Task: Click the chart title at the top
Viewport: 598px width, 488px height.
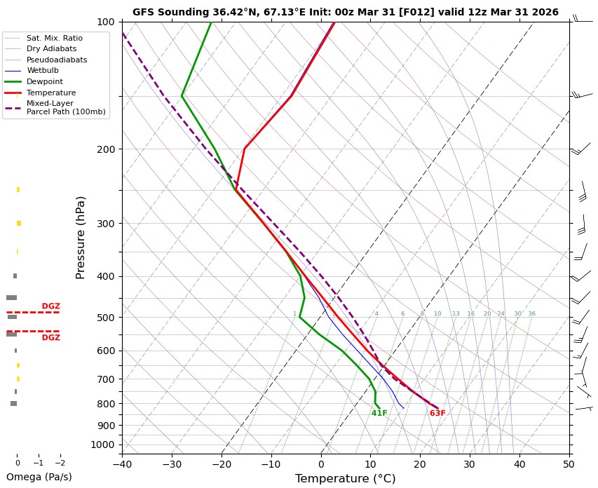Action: (345, 12)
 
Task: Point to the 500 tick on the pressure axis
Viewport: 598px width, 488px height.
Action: (105, 318)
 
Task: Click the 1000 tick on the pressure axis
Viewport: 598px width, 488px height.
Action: (103, 445)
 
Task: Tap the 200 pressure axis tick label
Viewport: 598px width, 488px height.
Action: (105, 149)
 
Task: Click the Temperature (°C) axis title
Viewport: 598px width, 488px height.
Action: (345, 479)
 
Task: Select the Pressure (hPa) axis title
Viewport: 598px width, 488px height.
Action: (81, 238)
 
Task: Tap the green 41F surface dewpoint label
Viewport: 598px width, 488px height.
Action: (379, 414)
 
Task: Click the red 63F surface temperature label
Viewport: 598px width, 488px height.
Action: (437, 414)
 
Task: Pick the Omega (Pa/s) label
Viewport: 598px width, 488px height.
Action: (39, 477)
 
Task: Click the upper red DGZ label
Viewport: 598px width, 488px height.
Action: (51, 306)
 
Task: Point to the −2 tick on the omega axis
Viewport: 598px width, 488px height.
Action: (60, 463)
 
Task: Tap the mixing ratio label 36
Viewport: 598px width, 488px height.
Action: (531, 314)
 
